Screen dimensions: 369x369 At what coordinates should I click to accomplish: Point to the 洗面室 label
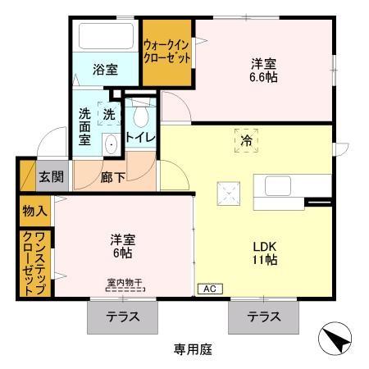coord(85,127)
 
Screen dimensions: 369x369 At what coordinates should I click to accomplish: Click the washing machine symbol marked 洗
coord(109,115)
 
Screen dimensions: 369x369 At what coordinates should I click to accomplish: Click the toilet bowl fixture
coord(142,112)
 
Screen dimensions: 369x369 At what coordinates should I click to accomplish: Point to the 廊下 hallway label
coord(112,175)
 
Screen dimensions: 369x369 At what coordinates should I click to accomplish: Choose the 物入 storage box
coord(34,212)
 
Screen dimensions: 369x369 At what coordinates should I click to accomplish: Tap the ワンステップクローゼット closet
coord(34,262)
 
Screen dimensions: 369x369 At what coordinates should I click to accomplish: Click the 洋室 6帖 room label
coord(123,246)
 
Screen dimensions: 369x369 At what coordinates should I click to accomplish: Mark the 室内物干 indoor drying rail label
coord(124,283)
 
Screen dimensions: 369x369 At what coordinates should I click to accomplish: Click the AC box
coord(209,289)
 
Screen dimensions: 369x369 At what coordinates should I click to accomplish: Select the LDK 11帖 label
coord(263,253)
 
